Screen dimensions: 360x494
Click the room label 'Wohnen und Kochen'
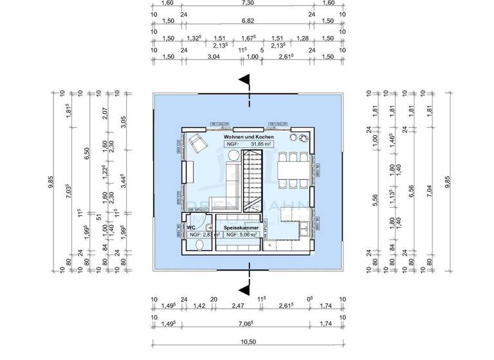point(248,138)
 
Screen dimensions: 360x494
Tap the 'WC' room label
point(191,228)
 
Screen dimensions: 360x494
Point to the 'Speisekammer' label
point(241,228)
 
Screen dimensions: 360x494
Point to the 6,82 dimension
point(248,21)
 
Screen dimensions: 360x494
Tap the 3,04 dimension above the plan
point(214,57)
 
